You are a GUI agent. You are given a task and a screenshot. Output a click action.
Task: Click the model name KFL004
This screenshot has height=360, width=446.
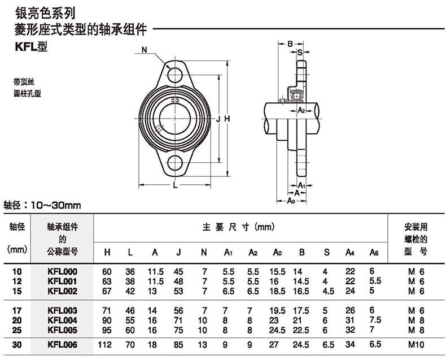(x=62, y=320)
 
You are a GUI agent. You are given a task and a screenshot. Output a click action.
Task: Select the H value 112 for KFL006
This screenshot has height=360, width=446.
(x=104, y=345)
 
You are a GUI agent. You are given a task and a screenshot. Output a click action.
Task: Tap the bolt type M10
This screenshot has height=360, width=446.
(x=416, y=345)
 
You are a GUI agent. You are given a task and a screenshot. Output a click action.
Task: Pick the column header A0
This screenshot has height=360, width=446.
(x=277, y=253)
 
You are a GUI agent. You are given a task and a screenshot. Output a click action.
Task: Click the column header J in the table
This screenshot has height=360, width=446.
(x=178, y=253)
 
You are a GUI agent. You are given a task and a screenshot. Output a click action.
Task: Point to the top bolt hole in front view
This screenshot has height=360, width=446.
(x=174, y=75)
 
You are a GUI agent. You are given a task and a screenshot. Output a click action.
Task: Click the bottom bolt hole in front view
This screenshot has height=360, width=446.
(x=174, y=163)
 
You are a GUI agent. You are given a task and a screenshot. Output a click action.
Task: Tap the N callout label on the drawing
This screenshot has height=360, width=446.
(x=144, y=50)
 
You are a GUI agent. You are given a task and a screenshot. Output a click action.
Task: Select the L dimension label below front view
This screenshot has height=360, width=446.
(x=175, y=185)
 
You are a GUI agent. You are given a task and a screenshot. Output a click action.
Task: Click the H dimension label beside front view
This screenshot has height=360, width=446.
(x=227, y=119)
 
